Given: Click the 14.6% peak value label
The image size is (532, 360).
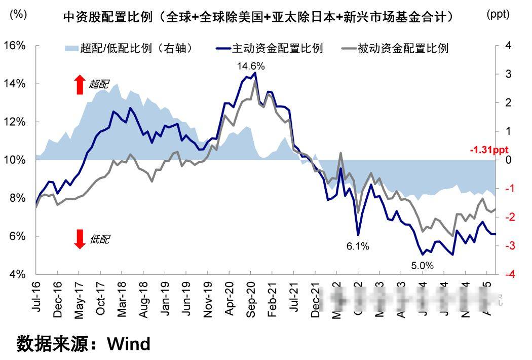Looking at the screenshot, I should point(251,66).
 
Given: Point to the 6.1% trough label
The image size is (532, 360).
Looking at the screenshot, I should point(358,247).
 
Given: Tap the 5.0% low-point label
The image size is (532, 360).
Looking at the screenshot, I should point(422,265).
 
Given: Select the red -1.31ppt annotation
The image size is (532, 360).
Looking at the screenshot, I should point(488,150).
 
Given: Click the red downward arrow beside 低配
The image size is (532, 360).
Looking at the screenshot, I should point(80,239).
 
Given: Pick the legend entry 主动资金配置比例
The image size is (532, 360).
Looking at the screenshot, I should point(277,49).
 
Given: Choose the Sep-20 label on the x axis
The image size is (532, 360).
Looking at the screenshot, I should point(251,300).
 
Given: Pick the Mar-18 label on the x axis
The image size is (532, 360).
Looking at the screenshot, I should point(122,300).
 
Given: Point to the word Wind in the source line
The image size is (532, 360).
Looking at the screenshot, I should point(129,344).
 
